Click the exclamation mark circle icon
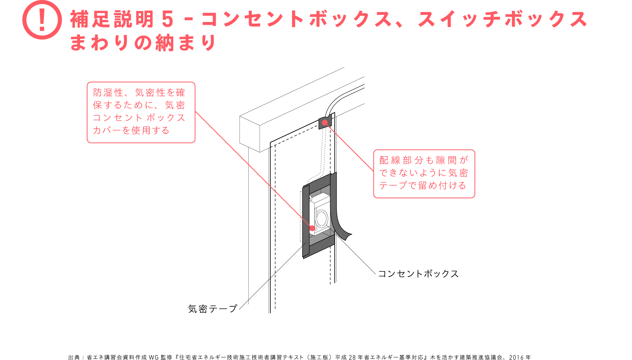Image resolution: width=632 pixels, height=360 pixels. click(x=42, y=20)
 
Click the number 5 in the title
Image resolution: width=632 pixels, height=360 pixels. click(x=168, y=19)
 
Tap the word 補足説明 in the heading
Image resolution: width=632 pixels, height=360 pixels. click(x=112, y=19)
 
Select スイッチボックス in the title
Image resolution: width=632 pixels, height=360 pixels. click(x=502, y=19)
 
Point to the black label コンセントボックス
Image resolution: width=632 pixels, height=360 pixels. click(x=418, y=274)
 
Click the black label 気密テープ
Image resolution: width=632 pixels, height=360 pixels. click(x=213, y=309)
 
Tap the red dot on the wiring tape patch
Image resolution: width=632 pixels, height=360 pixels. click(x=325, y=123)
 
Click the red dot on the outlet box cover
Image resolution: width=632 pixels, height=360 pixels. click(x=312, y=228)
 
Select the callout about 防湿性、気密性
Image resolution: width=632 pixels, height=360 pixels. click(x=141, y=112)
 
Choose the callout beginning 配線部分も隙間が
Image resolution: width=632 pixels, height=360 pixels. click(x=424, y=174)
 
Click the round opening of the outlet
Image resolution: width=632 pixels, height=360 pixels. click(x=321, y=218)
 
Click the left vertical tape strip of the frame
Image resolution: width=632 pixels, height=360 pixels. click(x=306, y=221)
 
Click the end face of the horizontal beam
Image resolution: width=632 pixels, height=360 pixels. click(x=250, y=134)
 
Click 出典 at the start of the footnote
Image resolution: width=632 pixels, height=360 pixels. click(x=74, y=357)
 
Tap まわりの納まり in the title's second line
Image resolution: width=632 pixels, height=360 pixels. click(x=143, y=43)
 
